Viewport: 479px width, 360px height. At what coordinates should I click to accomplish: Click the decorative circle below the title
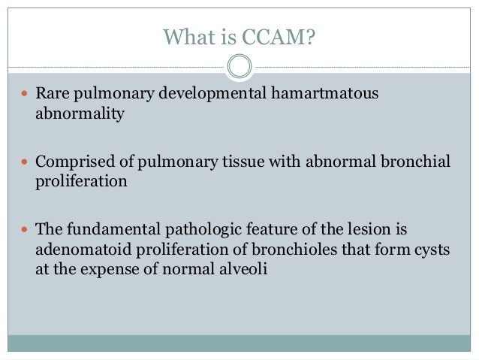coord(239,67)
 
